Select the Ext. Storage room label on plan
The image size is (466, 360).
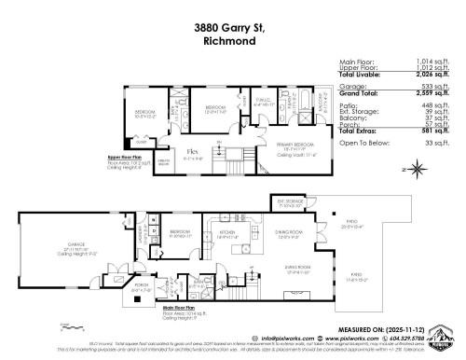(287, 201)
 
